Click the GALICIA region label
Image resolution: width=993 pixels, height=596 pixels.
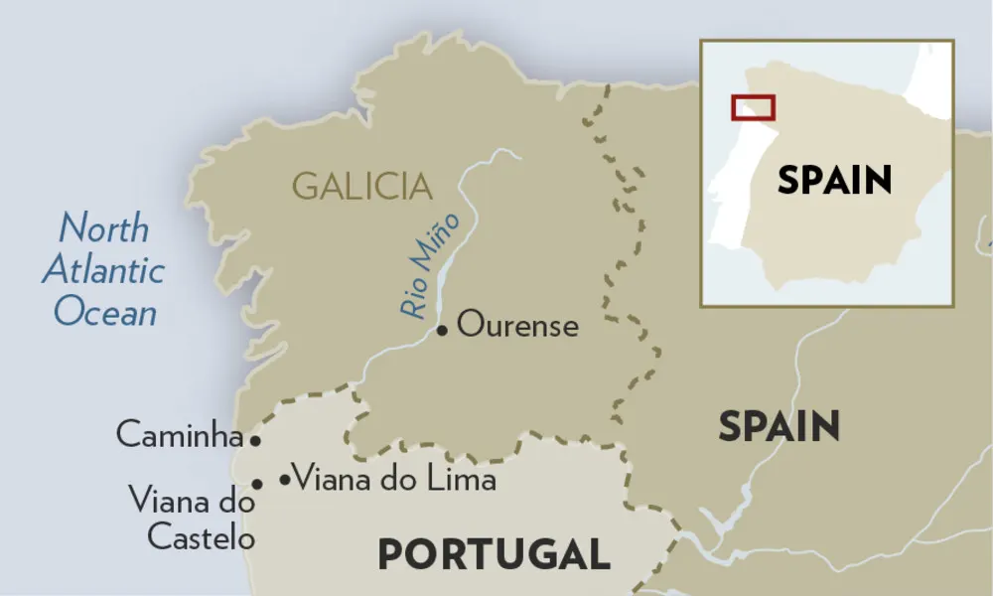(362, 186)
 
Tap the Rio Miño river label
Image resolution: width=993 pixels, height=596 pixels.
(429, 265)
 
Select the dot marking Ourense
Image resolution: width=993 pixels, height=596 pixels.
(442, 329)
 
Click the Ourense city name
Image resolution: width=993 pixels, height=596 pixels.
(517, 326)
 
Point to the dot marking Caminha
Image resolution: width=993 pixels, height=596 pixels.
(255, 439)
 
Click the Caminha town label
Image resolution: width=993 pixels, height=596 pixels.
(180, 434)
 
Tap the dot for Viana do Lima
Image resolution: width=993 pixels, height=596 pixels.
(285, 480)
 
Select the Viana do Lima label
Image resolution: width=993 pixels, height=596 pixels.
(395, 479)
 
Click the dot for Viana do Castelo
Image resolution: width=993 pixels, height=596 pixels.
(257, 484)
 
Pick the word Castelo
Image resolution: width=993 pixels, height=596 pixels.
(201, 537)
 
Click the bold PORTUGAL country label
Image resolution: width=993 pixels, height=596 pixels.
(494, 554)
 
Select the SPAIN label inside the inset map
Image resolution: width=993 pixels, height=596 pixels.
(834, 180)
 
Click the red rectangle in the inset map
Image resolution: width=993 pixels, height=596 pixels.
(753, 107)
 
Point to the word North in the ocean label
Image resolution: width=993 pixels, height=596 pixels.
(103, 228)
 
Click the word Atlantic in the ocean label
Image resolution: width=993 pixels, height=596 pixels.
(103, 270)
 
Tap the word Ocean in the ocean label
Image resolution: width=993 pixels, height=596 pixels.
(105, 312)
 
